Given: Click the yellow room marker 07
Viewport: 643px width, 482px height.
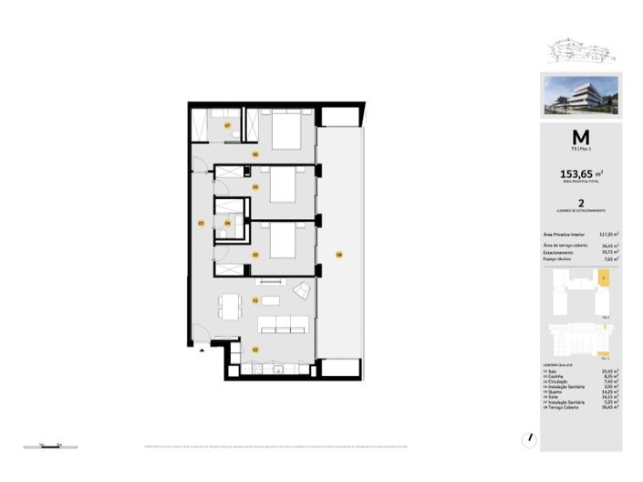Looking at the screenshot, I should (228, 124).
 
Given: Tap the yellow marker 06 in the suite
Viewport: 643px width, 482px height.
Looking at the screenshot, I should (256, 154).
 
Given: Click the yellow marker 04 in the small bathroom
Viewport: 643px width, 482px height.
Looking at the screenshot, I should (228, 223).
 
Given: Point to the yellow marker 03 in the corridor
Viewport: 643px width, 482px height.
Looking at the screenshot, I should (201, 222).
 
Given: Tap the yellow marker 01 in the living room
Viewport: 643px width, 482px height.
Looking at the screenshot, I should (256, 299).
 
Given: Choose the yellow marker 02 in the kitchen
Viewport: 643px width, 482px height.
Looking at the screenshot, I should (256, 350).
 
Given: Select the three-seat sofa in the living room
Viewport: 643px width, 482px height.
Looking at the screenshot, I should (282, 324).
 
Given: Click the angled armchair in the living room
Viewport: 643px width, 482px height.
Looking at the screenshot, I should (300, 291).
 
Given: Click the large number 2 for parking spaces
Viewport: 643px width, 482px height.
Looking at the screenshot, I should (580, 205).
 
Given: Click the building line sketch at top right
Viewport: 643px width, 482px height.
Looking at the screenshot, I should (579, 49).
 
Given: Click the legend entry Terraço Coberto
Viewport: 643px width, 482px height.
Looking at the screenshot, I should (566, 407).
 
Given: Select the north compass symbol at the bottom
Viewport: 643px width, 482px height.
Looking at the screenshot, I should (530, 438).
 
